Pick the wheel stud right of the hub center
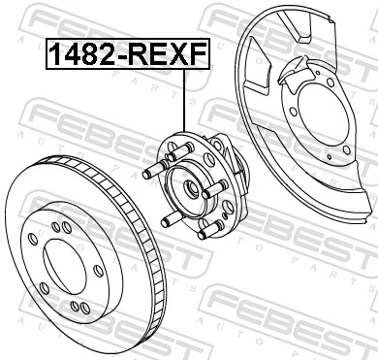pyautogui.click(x=208, y=196)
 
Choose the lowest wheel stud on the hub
pyautogui.click(x=202, y=233)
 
